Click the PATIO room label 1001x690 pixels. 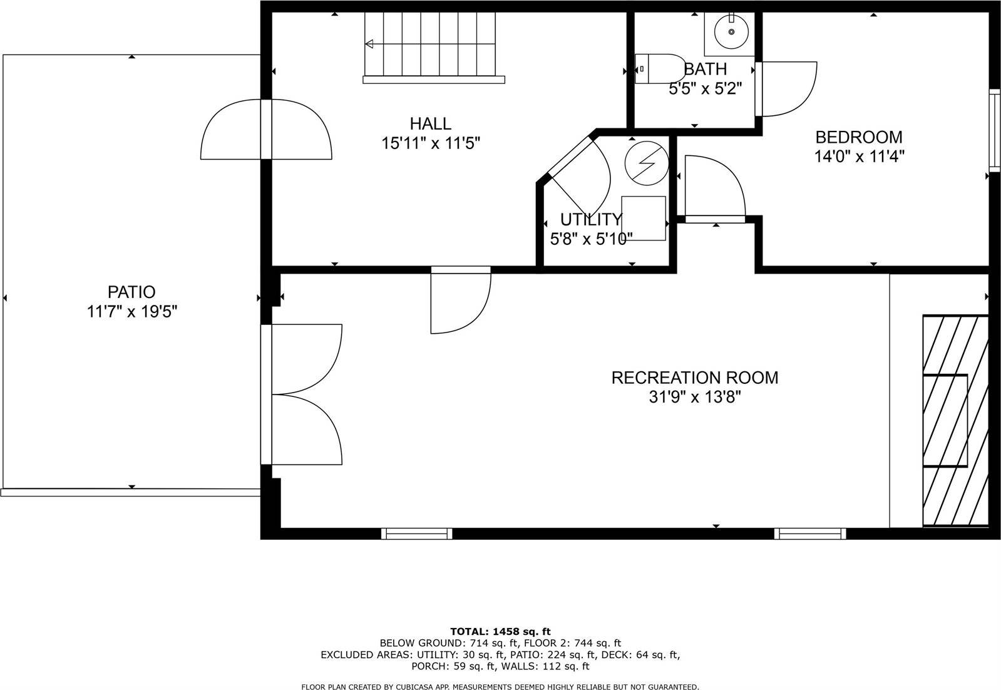131,292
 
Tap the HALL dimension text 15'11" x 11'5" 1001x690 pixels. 431,143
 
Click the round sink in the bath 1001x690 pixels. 731,32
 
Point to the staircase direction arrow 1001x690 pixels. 369,44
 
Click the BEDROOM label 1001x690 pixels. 858,136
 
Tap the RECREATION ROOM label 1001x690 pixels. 694,378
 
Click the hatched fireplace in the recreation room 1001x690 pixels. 955,421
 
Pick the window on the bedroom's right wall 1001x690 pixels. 994,130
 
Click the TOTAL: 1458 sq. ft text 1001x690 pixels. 500,631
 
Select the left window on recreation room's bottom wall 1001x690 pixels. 417,533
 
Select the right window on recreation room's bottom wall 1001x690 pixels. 810,533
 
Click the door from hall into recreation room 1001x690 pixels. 460,301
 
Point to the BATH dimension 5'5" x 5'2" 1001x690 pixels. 705,89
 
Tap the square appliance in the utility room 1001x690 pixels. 643,217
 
